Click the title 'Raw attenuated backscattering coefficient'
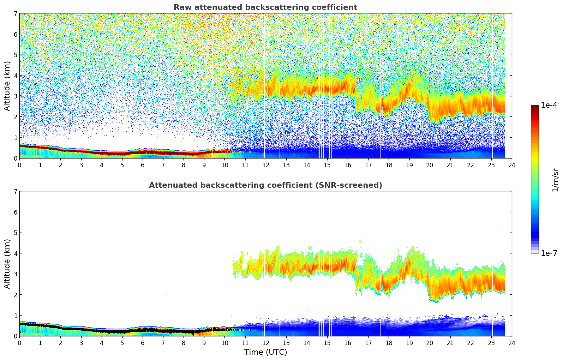tap(265, 7)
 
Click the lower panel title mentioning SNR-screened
tap(265, 185)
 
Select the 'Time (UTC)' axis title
tap(265, 352)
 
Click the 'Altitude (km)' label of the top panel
tap(7, 86)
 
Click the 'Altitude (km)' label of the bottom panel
tap(7, 264)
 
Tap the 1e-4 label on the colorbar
tap(549, 105)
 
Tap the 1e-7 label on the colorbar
tap(549, 253)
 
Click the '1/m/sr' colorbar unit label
tap(555, 180)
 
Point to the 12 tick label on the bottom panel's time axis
tap(265, 343)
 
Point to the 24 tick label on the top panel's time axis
tap(511, 165)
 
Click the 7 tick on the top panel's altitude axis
tap(16, 14)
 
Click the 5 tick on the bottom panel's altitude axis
tap(16, 233)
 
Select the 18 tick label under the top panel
tap(389, 165)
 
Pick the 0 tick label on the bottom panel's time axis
tap(19, 343)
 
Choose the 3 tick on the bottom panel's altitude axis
tap(16, 274)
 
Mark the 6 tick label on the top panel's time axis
tap(143, 165)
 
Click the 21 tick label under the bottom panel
tap(450, 343)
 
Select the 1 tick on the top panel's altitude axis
tap(16, 138)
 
